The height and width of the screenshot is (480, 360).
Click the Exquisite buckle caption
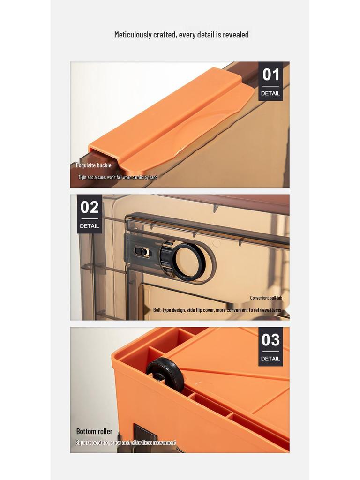pos(94,165)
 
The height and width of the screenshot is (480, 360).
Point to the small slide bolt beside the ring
pos(142,252)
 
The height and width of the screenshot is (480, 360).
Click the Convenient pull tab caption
pos(266,298)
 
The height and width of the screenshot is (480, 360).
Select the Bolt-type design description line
pos(217,310)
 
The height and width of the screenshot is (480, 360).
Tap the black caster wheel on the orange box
pos(166,375)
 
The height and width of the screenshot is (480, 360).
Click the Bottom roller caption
pos(94,431)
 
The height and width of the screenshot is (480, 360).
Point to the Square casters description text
pos(126,442)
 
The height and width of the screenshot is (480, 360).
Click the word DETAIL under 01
pos(270,93)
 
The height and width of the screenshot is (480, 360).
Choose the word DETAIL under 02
pos(90,226)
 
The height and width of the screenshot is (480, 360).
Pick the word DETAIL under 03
pos(270,359)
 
